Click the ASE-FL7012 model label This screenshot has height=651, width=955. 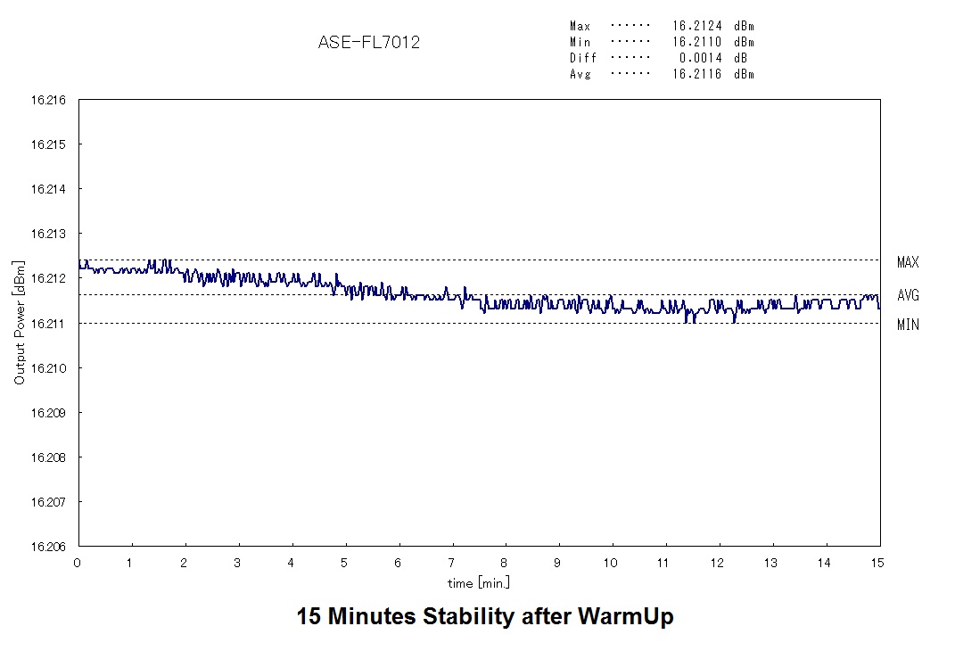(369, 42)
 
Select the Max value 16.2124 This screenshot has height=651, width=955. (697, 27)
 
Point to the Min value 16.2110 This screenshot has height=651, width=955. (697, 43)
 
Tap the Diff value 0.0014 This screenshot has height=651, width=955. (701, 58)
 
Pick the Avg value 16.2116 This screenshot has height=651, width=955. (697, 74)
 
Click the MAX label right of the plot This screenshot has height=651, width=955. (908, 262)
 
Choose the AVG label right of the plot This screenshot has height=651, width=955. (908, 295)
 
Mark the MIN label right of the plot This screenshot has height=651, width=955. (908, 325)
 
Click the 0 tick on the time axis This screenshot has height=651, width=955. (78, 563)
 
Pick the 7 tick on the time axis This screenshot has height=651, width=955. (452, 563)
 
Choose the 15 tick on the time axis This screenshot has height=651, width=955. (877, 563)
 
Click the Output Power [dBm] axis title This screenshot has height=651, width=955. (20, 324)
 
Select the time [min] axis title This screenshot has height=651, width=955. (479, 582)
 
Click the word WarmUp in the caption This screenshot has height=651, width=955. (625, 616)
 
